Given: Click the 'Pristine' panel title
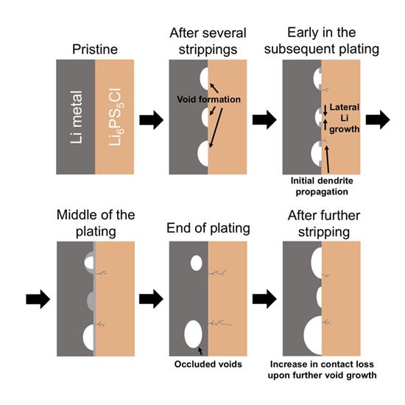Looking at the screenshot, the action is click(x=95, y=49).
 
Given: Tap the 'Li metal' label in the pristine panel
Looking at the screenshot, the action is click(x=77, y=117).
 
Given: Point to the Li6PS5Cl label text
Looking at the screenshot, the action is click(x=115, y=117).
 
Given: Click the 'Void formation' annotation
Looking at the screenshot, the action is click(x=208, y=99).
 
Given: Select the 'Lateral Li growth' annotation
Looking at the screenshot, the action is click(x=345, y=118).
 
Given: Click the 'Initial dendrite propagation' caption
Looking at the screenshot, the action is click(x=322, y=186).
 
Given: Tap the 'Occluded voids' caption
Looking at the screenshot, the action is click(x=208, y=364).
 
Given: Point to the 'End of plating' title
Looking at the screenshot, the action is click(x=208, y=228).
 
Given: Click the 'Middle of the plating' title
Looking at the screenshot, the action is click(x=96, y=223).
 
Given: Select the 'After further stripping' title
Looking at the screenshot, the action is click(x=324, y=224).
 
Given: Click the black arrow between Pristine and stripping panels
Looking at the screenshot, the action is click(x=152, y=120).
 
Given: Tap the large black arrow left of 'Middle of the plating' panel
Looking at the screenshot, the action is click(x=38, y=299).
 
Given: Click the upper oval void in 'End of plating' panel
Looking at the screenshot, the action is click(x=197, y=263).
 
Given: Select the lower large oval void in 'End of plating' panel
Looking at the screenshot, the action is click(x=193, y=334).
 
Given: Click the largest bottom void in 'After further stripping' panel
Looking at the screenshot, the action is click(x=313, y=335).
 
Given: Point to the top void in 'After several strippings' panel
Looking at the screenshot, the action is click(x=204, y=79).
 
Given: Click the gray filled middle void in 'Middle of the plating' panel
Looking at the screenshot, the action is click(x=91, y=301).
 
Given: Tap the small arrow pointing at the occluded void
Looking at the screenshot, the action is click(x=200, y=351).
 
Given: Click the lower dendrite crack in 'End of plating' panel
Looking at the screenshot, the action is click(x=220, y=323).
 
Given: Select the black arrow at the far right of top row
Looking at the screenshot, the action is click(x=378, y=120).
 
